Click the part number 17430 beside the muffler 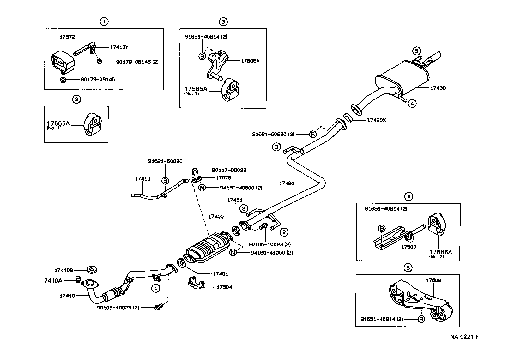pos(438,88)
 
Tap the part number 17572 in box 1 pos(67,37)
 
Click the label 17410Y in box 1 pos(119,47)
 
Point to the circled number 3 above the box pos(223,21)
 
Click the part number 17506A pos(250,61)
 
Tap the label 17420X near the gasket pos(376,120)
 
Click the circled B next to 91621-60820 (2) pos(312,134)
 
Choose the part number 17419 pos(143,179)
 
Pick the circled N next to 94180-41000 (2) pos(233,253)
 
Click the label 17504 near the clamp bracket pos(224,287)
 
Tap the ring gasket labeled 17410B pos(92,270)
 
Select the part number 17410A pos(52,280)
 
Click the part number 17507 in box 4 pos(409,247)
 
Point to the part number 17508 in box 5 pos(433,280)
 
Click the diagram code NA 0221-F pos(464,337)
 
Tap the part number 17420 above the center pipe pos(287,183)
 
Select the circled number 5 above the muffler pos(416,51)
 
